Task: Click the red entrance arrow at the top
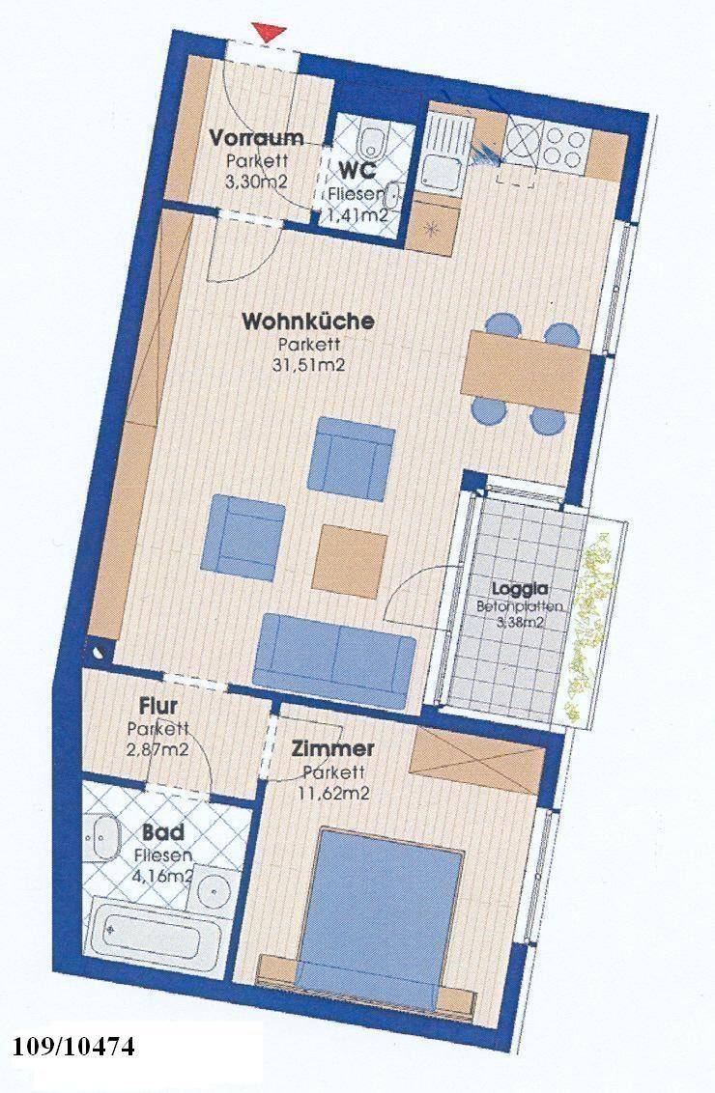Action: coord(270,32)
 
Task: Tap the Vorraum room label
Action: coord(257,137)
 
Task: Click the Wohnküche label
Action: coord(307,322)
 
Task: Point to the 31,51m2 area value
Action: coord(309,365)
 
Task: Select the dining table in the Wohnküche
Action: coord(527,371)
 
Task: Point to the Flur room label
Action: coord(158,706)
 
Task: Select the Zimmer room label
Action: coord(332,749)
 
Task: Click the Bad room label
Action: coord(163,832)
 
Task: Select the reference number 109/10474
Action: coord(73,1046)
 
